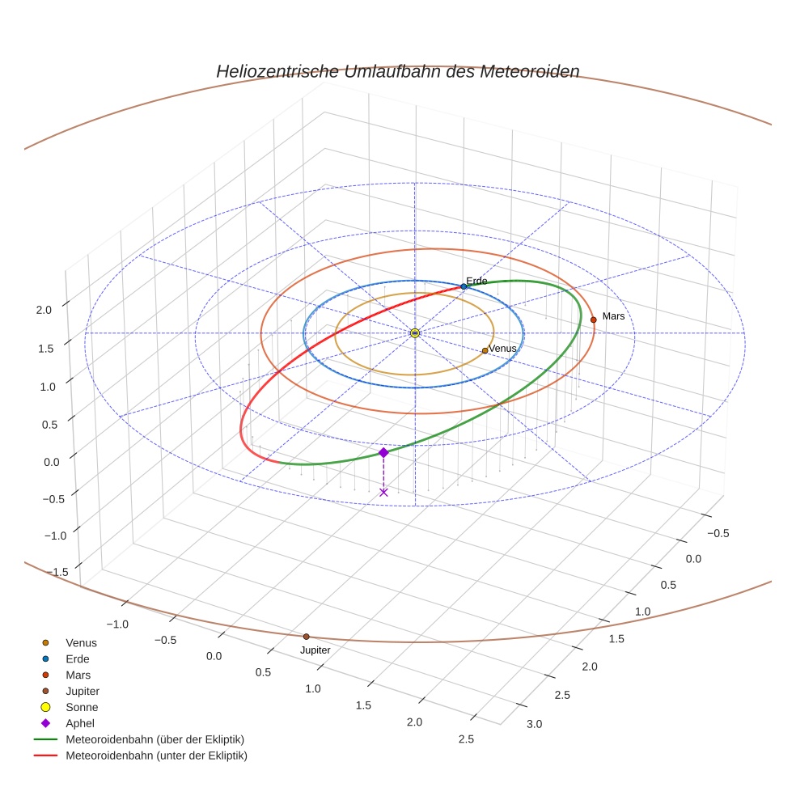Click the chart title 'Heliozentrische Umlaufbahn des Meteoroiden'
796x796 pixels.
[397, 71]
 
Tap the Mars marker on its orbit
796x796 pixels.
[593, 320]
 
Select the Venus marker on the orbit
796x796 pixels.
[485, 350]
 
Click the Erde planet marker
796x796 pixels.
[464, 286]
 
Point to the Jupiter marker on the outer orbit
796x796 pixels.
[306, 637]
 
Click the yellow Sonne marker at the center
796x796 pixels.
[414, 333]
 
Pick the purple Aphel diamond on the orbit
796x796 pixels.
[383, 452]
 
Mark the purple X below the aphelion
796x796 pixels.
[383, 492]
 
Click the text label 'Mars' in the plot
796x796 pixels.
[613, 316]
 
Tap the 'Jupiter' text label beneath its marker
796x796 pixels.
[315, 650]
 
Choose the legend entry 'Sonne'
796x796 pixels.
[82, 707]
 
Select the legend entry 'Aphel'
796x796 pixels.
[80, 723]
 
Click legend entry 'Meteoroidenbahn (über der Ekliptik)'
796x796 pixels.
[155, 739]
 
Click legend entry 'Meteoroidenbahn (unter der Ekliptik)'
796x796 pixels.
[156, 756]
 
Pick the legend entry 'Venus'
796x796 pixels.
[81, 642]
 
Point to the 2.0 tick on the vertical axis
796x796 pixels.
[44, 309]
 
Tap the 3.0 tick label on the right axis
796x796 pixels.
[535, 724]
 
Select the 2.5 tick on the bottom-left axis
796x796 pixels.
[464, 739]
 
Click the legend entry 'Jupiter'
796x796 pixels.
[83, 691]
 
